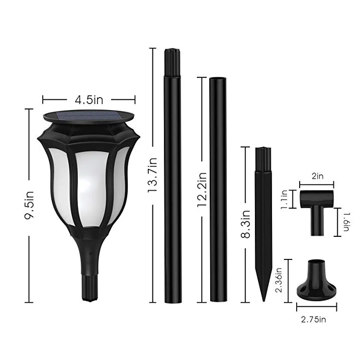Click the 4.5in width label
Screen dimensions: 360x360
pos(89,100)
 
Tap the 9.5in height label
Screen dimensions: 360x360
pos(30,205)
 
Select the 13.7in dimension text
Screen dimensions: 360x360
pos(152,175)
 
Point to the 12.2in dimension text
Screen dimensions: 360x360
pos(202,189)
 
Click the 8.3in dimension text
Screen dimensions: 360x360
pos(245,224)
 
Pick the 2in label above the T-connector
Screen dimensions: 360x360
pos(318,176)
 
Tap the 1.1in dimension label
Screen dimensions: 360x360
pos(284,199)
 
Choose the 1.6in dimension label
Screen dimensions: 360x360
pos(347,222)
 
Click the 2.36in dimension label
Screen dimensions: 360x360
pos(279,280)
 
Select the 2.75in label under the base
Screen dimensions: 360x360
pos(314,320)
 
